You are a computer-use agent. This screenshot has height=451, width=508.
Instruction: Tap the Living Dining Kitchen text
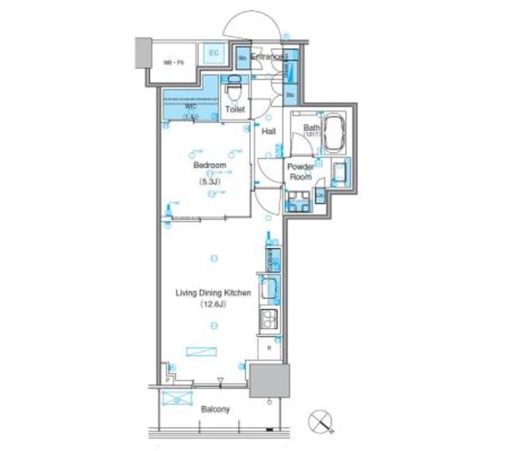[213, 292]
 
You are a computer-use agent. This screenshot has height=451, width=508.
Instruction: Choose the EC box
[213, 52]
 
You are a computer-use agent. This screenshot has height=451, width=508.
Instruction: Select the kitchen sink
[267, 289]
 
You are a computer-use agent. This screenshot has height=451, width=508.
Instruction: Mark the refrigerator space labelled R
[269, 348]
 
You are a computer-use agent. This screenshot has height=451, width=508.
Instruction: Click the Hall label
[269, 133]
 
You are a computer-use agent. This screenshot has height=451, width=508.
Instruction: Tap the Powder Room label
[301, 172]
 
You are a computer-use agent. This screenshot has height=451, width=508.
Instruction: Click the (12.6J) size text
[213, 304]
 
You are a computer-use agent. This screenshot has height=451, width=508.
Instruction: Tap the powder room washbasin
[341, 170]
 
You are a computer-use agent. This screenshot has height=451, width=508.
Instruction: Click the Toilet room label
[235, 110]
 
